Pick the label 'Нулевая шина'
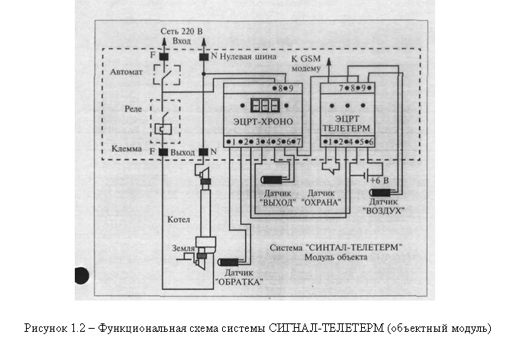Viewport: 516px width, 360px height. pyautogui.click(x=248, y=56)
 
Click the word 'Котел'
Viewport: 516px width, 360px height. pyautogui.click(x=177, y=220)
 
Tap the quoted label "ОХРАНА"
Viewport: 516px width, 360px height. pyautogui.click(x=321, y=203)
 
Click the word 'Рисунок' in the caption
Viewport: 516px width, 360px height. pyautogui.click(x=47, y=329)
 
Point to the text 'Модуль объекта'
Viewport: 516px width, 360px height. pyautogui.click(x=336, y=257)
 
